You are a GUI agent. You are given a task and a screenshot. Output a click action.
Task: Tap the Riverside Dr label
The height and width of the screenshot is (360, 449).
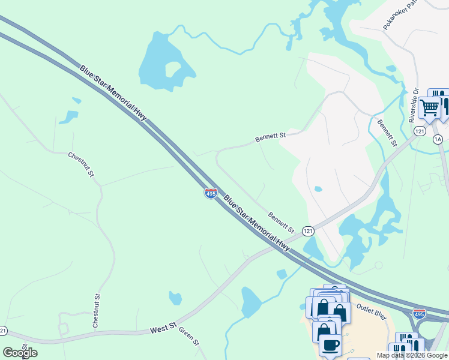(414, 106)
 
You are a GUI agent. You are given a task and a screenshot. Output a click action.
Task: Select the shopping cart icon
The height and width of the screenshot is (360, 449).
(430, 108)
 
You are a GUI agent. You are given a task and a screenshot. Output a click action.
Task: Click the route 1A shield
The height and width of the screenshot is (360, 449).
(438, 139)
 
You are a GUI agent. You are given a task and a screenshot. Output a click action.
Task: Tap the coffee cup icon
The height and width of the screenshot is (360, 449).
(330, 345)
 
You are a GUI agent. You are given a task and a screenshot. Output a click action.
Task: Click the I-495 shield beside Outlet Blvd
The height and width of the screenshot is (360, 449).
(420, 313)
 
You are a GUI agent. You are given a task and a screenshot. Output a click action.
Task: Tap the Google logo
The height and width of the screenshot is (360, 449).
(20, 353)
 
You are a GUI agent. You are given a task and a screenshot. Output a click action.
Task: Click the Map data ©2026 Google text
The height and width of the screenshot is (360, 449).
(412, 355)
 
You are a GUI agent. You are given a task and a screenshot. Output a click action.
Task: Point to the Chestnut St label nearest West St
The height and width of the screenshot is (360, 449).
(96, 310)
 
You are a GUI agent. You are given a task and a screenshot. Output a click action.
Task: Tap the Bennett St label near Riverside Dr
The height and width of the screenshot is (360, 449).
(387, 133)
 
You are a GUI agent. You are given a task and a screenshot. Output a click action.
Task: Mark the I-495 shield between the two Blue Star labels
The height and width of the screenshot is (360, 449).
(211, 194)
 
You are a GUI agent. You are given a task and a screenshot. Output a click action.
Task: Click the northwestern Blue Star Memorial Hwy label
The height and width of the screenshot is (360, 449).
(113, 94)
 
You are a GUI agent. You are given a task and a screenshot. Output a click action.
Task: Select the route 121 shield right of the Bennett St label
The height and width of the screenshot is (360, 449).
(308, 231)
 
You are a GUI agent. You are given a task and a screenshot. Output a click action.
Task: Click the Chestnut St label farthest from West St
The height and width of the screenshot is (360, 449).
(82, 164)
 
